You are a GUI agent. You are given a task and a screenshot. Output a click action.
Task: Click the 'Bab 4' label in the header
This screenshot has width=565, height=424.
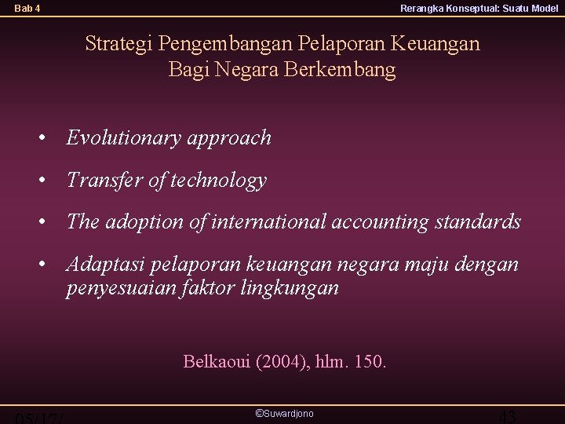click(27, 9)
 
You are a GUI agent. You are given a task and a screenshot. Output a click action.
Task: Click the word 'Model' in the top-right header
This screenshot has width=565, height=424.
click(545, 9)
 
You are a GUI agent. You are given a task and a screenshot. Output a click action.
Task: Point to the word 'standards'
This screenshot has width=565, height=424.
click(479, 222)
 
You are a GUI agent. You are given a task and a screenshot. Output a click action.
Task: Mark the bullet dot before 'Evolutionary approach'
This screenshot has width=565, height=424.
click(49, 139)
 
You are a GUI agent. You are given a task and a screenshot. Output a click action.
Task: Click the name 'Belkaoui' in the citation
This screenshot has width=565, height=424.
click(217, 362)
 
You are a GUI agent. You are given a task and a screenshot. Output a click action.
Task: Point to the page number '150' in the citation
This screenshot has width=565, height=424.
click(369, 362)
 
